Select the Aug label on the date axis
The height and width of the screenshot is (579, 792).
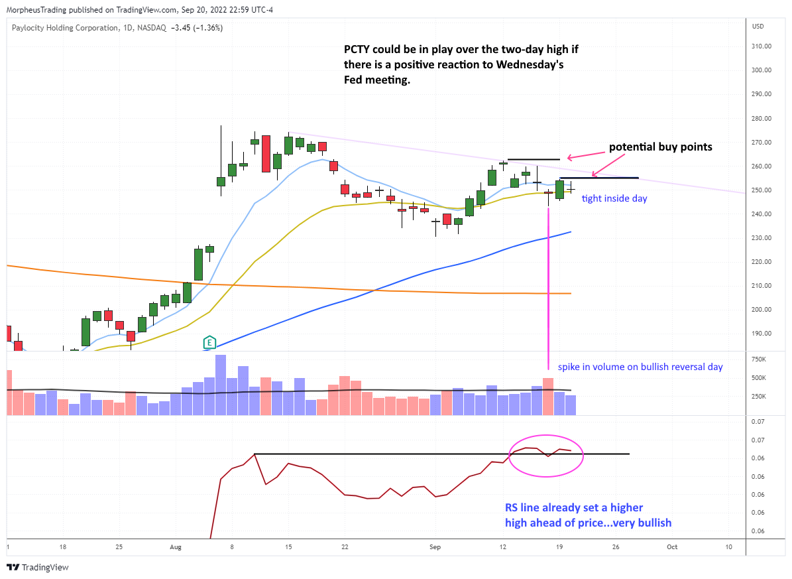coord(176,547)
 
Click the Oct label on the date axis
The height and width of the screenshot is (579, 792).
coord(672,547)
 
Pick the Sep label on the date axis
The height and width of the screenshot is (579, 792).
coord(435,547)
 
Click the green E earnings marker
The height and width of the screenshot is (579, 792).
coord(210,342)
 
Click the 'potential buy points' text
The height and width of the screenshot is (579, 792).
coord(661,147)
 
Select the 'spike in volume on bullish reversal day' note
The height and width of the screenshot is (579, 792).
coord(640,367)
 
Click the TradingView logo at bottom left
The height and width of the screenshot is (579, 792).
coord(38,567)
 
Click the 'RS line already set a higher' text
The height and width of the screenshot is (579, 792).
coord(574,508)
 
